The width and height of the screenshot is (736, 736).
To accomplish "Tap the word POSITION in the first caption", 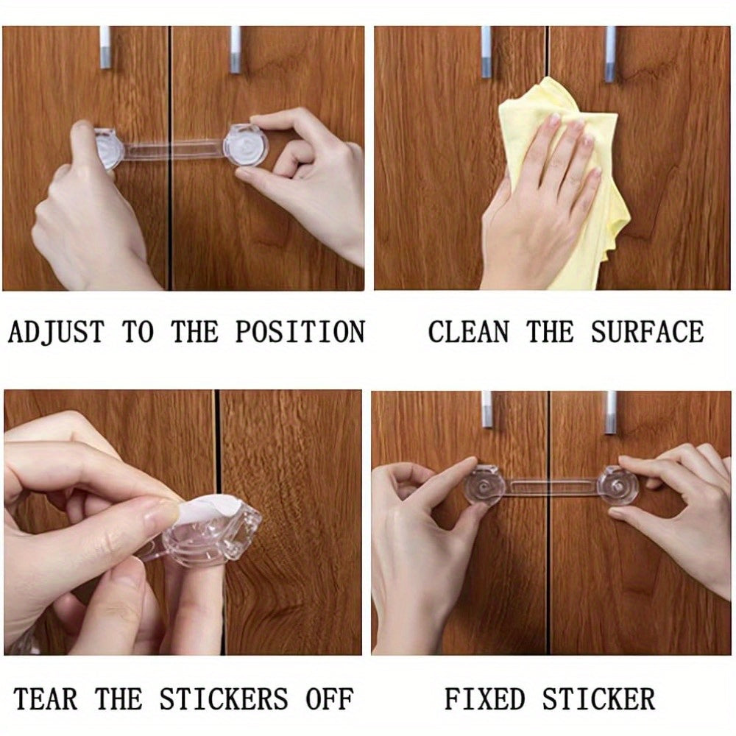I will click(300, 333).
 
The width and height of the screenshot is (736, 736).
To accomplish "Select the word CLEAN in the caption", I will click(468, 333).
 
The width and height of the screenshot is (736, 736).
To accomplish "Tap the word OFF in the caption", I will click(330, 698).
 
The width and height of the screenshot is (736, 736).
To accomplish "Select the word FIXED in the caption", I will click(484, 698).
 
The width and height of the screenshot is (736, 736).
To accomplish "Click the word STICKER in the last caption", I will click(601, 698).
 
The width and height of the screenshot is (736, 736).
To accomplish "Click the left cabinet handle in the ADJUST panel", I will click(105, 48).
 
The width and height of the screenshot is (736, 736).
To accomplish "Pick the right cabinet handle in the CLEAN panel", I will click(610, 53).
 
